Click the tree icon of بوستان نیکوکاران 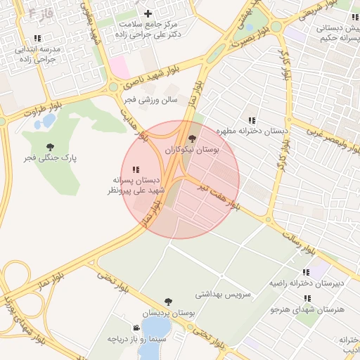193,139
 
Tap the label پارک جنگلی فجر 74,158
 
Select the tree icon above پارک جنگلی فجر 50,147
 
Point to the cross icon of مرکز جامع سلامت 148,13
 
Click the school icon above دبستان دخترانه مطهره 252,120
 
